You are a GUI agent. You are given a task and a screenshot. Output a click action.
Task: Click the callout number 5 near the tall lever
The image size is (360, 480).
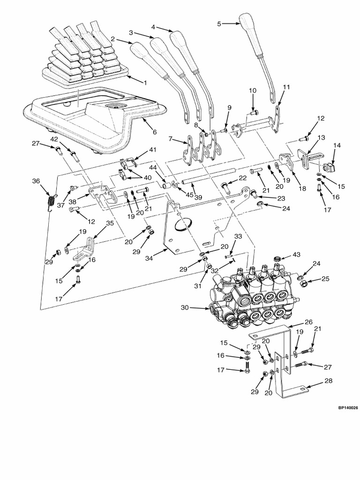coord(219,23)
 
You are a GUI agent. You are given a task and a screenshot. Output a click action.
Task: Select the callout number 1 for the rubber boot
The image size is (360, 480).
coord(145,82)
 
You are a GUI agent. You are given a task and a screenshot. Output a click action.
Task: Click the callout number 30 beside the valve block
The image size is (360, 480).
coord(185,308)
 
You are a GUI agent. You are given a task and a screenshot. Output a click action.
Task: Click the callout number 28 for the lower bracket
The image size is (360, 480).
coord(328,381)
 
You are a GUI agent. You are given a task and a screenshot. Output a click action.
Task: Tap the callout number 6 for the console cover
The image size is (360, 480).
coord(154,132)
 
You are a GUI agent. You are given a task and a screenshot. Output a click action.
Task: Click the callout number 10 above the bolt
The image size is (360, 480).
coord(252,90)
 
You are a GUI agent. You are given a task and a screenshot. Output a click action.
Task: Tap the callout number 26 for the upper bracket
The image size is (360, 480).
coord(308,322)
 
